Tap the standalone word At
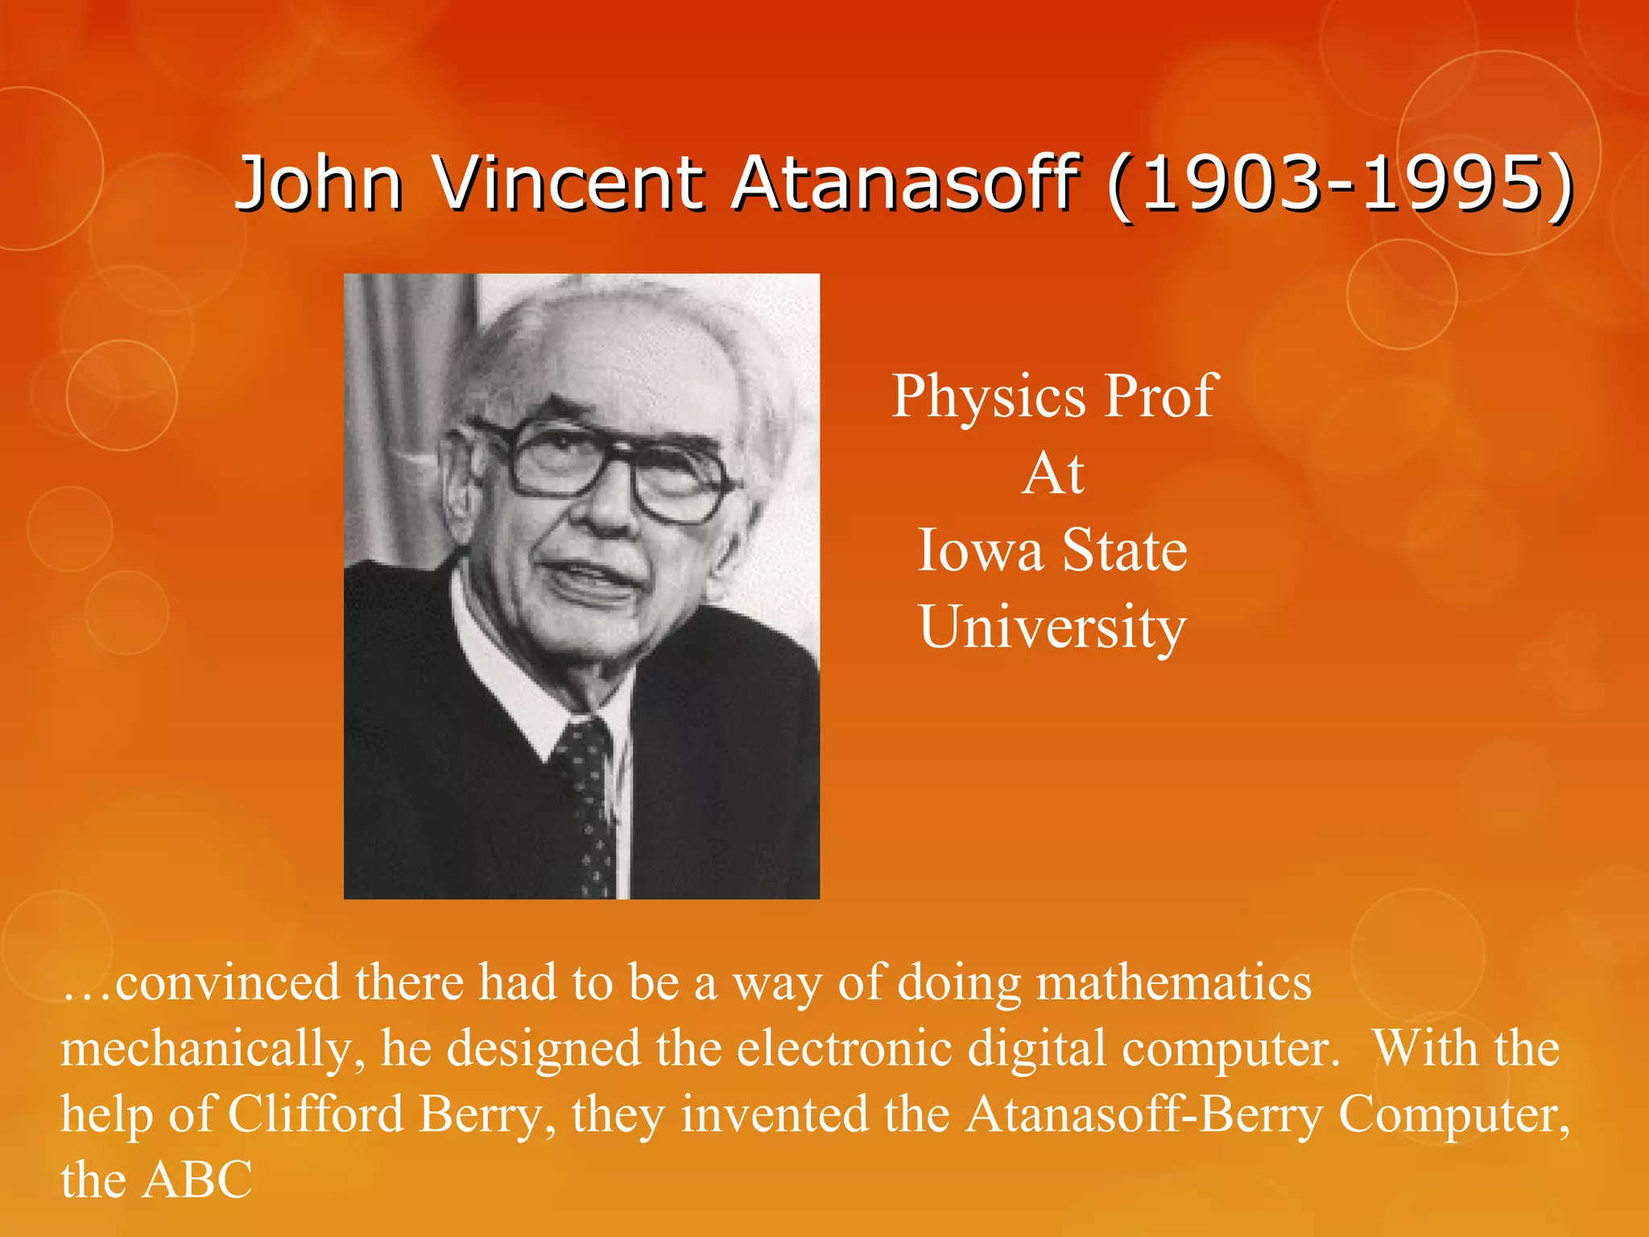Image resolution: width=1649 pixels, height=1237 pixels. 1053,474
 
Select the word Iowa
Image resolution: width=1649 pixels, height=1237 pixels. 980,551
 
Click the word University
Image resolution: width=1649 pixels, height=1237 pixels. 1053,627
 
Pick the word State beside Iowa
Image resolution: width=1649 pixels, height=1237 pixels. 1125,551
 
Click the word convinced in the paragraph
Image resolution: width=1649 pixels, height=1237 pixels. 228,983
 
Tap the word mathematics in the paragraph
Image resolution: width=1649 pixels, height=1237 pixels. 1173,983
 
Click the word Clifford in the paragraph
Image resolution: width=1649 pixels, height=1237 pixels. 315,1115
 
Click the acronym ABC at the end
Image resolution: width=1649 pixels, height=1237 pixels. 197,1181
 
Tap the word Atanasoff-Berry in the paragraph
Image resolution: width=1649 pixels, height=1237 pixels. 1144,1115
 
